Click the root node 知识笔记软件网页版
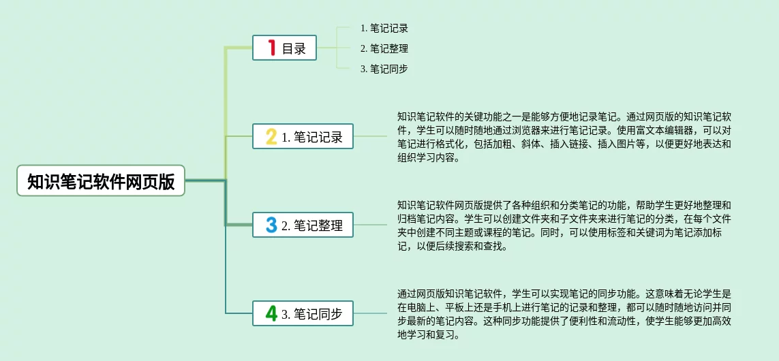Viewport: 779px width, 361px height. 101,181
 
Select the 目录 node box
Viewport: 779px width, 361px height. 284,48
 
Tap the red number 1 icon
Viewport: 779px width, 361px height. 271,48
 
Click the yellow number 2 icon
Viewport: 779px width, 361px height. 271,136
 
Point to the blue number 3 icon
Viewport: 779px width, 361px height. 271,225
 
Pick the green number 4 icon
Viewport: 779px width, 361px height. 271,313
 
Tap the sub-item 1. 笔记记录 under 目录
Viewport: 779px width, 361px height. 384,28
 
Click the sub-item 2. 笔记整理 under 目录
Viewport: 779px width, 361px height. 384,48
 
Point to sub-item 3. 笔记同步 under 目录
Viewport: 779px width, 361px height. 384,69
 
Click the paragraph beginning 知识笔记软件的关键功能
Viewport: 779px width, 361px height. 564,137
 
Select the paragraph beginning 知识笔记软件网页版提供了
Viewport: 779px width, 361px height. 564,225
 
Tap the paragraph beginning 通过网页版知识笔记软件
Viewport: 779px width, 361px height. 564,314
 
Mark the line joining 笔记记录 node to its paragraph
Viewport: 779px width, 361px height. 370,136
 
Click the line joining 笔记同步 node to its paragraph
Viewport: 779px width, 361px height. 370,313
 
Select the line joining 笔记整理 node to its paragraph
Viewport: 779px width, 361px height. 370,225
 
